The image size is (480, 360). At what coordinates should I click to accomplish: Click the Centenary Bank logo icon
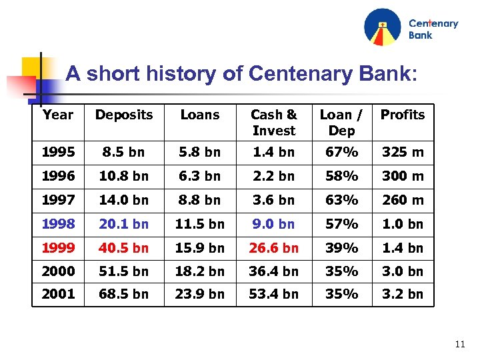(383, 27)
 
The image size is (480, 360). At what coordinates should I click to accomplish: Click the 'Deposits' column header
(124, 115)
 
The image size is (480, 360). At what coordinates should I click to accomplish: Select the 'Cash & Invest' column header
(273, 123)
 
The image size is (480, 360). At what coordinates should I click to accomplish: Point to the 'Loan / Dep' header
(341, 123)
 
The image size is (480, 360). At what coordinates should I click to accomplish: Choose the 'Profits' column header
(402, 115)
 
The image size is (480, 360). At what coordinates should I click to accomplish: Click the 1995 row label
(58, 152)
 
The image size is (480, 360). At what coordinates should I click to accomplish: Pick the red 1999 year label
(58, 248)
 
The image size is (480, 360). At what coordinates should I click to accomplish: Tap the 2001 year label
(58, 294)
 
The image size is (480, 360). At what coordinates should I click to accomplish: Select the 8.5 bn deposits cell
(124, 152)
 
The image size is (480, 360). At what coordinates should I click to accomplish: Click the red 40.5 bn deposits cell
(124, 248)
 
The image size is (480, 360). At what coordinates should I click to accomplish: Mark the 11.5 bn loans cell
(200, 224)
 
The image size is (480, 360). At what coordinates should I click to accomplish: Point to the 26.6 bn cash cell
(273, 248)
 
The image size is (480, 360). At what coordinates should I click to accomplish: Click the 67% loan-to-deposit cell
(341, 152)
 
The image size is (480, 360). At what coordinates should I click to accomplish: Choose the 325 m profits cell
(402, 152)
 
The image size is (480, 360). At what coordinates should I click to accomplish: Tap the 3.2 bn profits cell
(402, 294)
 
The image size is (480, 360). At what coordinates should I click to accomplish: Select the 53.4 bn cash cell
(273, 294)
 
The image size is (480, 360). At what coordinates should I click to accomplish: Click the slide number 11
(459, 345)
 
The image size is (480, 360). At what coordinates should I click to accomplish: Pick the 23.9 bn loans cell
(200, 294)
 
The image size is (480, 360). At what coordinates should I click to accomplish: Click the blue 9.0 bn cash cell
(273, 224)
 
